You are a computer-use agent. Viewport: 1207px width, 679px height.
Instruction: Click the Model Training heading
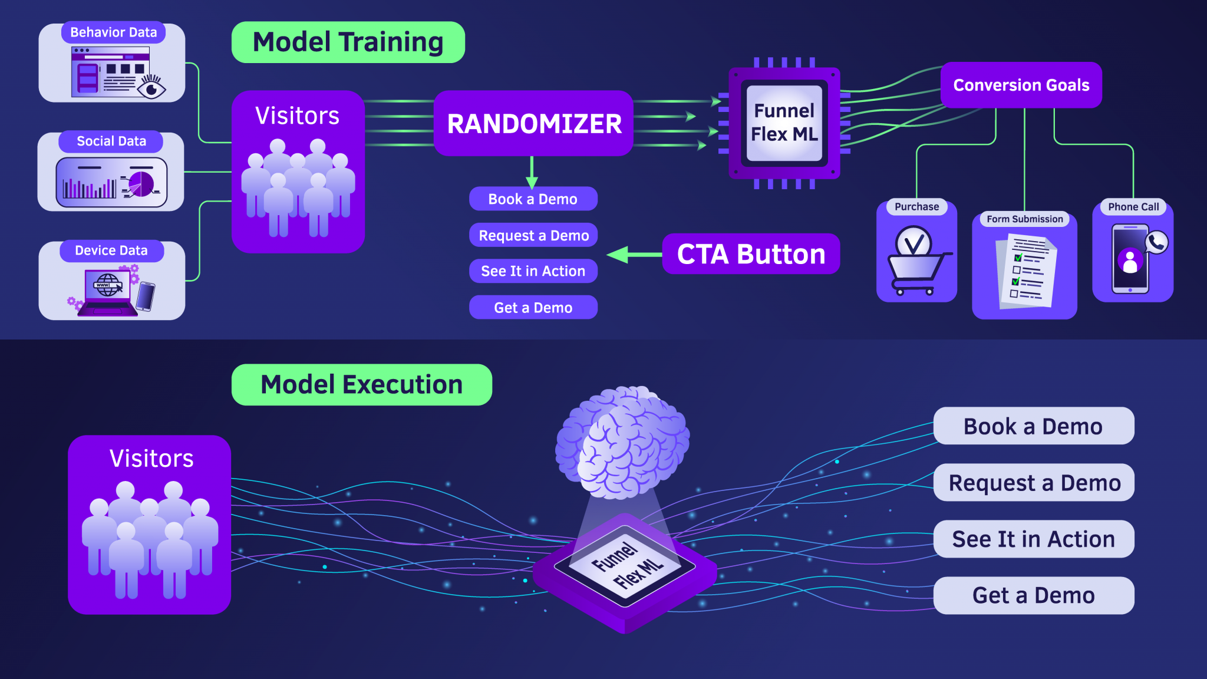[x=348, y=42]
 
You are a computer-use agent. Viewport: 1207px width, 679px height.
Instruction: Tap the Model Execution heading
[x=361, y=385]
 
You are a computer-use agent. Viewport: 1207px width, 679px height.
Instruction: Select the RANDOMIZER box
[x=533, y=124]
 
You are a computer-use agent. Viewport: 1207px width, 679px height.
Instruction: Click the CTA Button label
[x=751, y=254]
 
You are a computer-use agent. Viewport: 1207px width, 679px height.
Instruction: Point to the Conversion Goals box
[x=1021, y=85]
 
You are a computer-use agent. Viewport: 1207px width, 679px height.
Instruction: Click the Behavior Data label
[x=113, y=32]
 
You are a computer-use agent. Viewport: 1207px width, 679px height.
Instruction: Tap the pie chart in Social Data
[x=141, y=183]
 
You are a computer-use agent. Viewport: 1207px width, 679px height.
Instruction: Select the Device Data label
[x=111, y=250]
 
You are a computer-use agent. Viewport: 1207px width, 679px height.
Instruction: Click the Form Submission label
[x=1024, y=219]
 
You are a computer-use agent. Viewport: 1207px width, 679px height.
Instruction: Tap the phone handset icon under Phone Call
[x=1156, y=242]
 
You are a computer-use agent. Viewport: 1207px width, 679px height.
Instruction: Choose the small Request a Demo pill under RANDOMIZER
[x=533, y=236]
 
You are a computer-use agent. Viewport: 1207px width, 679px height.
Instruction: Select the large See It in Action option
[x=1033, y=539]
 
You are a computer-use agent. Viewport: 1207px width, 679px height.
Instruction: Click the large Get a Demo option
[x=1033, y=595]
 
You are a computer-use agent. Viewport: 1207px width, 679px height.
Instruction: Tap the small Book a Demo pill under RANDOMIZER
[x=533, y=199]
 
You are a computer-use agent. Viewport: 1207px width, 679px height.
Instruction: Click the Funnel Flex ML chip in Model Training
[x=784, y=123]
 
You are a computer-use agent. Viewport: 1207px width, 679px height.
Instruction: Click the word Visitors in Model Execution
[x=151, y=459]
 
